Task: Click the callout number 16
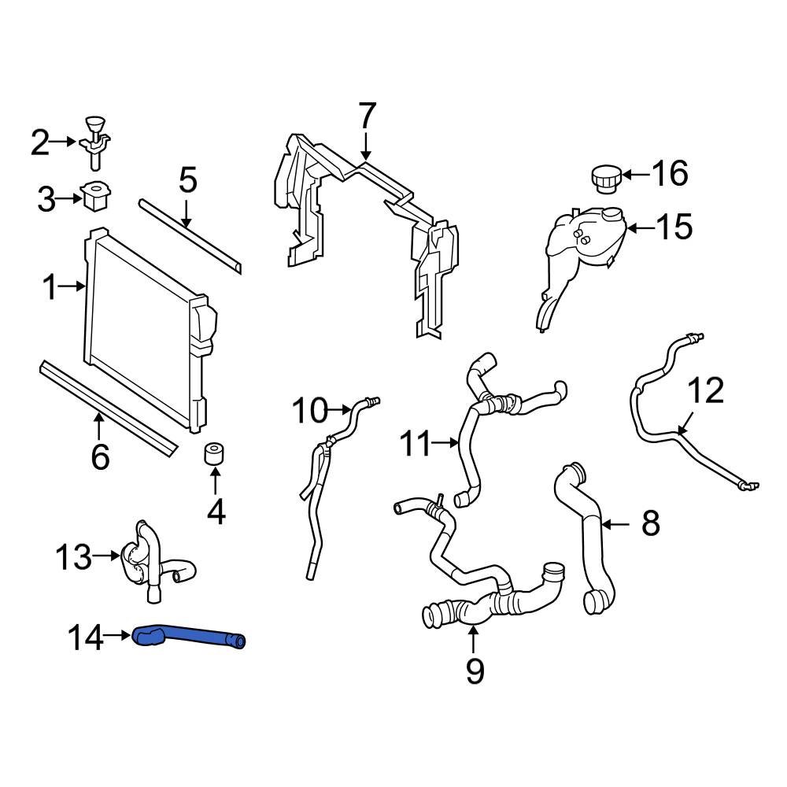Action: click(x=670, y=173)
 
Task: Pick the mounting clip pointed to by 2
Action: click(x=94, y=142)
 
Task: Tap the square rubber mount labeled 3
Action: click(x=95, y=196)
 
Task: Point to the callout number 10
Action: click(x=309, y=410)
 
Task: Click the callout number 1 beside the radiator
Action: click(x=50, y=289)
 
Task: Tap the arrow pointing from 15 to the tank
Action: click(x=641, y=229)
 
